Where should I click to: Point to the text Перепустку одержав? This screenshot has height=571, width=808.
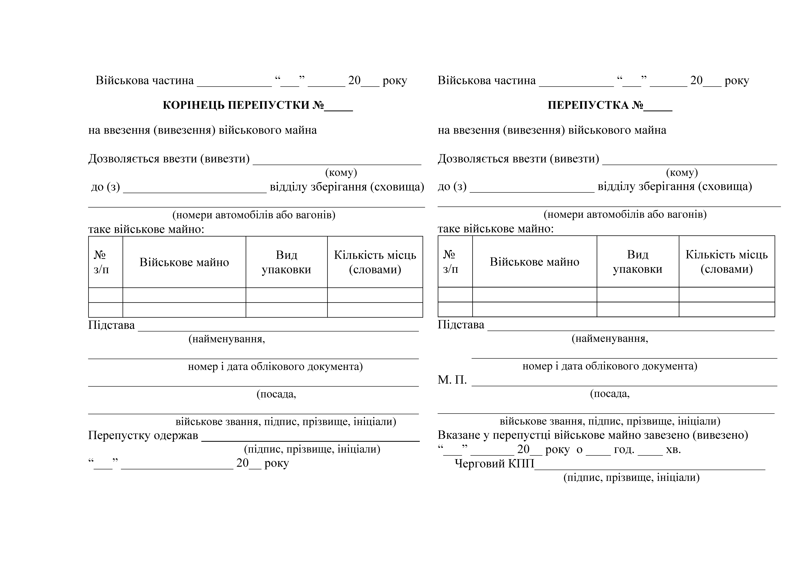(x=143, y=436)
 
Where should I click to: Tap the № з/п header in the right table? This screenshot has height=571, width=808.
(x=450, y=262)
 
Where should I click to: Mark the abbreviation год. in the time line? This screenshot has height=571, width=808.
(x=624, y=450)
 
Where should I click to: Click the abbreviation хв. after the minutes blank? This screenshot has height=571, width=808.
(x=673, y=450)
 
